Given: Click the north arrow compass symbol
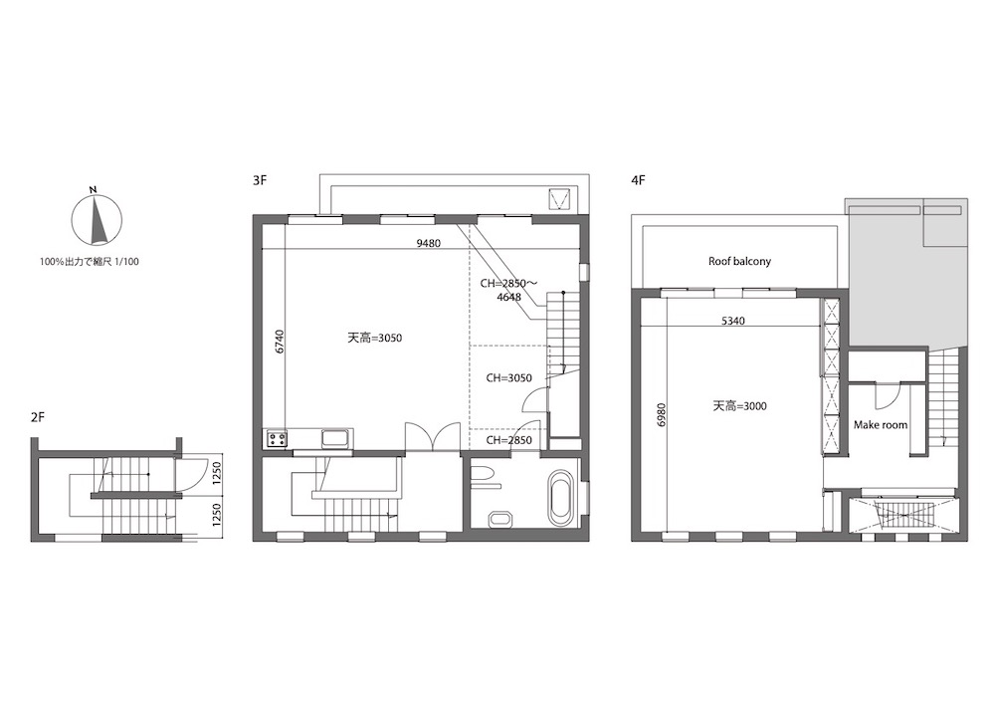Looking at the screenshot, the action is point(96,219).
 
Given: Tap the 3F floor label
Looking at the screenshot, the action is point(260,180).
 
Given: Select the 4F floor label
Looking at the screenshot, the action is point(638,180).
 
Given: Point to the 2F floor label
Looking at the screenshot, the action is point(38,417).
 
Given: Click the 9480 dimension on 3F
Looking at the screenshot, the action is point(428,243).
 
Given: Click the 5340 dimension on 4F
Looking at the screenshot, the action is point(733,322).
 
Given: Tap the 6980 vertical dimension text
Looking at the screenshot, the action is point(662,414).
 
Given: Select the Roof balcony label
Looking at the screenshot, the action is point(739,261).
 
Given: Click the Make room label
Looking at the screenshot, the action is point(881,425).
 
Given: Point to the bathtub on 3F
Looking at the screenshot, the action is point(561,498).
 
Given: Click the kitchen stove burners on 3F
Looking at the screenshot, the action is point(276,439).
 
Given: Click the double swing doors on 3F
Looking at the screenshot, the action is point(432,437).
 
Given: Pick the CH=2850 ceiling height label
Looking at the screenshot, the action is point(508,440).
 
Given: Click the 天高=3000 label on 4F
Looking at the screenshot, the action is point(739,406).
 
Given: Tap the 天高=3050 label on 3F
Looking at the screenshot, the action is point(374,339).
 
